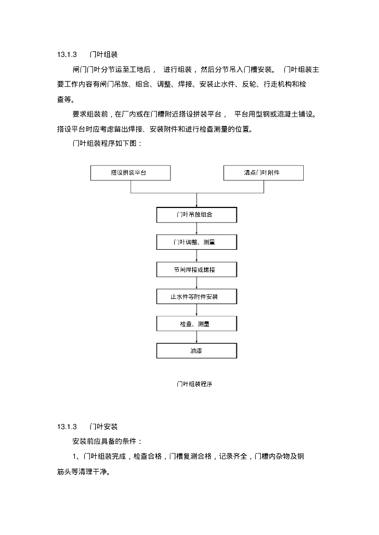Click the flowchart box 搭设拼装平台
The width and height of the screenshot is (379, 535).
coord(130,173)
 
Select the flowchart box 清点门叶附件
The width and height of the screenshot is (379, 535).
coord(263,173)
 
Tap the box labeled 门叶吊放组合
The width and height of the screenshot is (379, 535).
coord(197,215)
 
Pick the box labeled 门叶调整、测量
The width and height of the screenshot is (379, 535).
coord(197,242)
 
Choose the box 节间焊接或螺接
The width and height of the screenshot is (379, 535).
coord(197,270)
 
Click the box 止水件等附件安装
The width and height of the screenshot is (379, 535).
coord(197,297)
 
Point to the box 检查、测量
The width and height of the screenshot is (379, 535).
coord(197,324)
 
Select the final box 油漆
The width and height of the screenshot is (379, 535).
coord(197,351)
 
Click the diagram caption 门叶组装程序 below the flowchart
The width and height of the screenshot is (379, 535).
coord(194,384)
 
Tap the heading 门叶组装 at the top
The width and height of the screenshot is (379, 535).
coord(104,54)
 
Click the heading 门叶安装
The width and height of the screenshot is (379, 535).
coord(104,427)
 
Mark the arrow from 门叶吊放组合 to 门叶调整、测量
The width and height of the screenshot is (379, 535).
coord(197,228)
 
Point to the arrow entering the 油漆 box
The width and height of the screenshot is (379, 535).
coord(197,338)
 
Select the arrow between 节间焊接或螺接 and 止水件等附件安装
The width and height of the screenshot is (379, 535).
coord(197,283)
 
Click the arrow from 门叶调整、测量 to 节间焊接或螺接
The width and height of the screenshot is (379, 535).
coord(197,256)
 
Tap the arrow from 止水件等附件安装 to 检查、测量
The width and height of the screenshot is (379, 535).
coord(197,310)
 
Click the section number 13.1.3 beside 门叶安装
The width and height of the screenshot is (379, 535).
coord(67,427)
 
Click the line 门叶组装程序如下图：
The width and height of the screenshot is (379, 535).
coord(107,143)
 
